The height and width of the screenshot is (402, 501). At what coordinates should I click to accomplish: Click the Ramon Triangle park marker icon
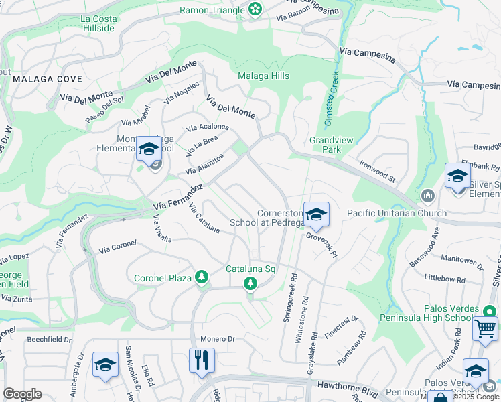pos(255,9)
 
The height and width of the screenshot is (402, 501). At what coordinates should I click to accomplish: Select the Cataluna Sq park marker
pos(250,283)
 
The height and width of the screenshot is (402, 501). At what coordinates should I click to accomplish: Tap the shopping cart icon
pos(485,330)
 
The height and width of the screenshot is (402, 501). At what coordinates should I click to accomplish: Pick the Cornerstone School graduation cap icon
pos(316,214)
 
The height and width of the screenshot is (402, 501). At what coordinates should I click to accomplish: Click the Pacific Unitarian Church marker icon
pos(428,196)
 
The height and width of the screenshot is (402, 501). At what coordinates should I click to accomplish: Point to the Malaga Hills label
pos(264,76)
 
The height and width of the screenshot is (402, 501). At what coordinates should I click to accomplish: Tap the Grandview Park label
pos(326,145)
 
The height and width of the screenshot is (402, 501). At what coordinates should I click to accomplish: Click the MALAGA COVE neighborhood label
pos(47,79)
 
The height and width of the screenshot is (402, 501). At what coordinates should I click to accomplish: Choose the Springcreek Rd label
pos(291,297)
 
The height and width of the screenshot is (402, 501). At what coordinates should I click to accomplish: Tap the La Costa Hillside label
pos(98,23)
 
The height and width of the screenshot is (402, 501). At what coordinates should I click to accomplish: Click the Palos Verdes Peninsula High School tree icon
pos(490,310)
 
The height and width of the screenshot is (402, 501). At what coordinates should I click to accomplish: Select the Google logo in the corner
pos(22,394)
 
